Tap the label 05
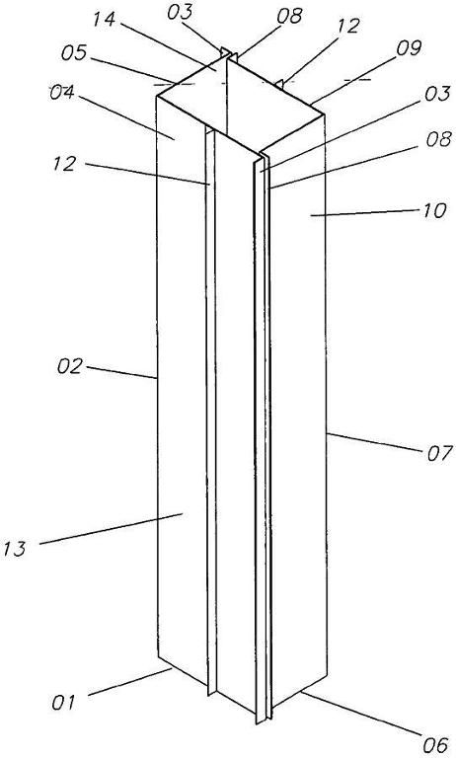(73, 52)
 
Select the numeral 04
(62, 92)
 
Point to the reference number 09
(409, 47)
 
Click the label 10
(433, 211)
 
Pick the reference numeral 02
(70, 366)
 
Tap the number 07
(439, 453)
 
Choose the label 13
(14, 550)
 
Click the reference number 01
(63, 702)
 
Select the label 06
(435, 745)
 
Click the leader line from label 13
(111, 529)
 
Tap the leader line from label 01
(130, 682)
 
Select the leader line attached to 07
(374, 442)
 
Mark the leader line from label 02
(121, 372)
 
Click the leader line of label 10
(364, 213)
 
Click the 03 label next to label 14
(180, 13)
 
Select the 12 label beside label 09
(347, 25)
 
